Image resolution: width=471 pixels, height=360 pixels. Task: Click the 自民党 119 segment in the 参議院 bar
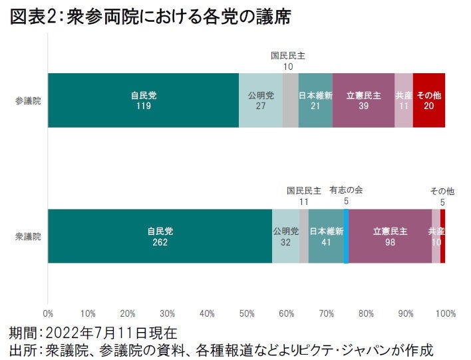coord(143,100)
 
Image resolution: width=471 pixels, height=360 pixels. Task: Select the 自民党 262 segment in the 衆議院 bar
coord(160,236)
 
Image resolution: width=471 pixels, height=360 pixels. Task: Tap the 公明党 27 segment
coord(261,100)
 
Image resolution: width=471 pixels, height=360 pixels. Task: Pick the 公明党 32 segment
coord(286,236)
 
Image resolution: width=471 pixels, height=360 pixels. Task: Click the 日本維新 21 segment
coord(315,100)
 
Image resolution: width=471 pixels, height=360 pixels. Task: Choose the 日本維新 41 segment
coord(326,236)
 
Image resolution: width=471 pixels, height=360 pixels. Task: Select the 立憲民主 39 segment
coord(363,100)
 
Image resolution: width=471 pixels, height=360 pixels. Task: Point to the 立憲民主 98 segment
coord(390,236)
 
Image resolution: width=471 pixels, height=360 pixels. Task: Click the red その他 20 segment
coord(429,100)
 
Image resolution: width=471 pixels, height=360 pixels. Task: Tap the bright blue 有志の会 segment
coord(346,236)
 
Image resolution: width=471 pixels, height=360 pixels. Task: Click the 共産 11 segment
coord(404,100)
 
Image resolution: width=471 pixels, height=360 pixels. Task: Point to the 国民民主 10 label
coord(288,61)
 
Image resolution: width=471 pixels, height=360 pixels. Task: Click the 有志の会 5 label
coord(346,195)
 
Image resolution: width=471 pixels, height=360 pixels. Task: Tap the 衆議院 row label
coord(28,237)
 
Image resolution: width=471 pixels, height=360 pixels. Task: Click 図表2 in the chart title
coord(33,17)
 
